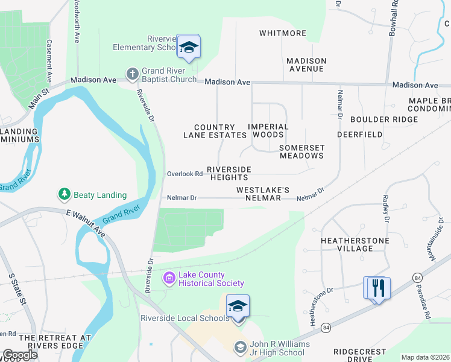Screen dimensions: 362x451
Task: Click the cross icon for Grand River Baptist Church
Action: [x=132, y=74]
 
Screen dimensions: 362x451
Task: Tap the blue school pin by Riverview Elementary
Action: [x=189, y=48]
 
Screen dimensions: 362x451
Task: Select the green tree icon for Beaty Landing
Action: [x=65, y=194]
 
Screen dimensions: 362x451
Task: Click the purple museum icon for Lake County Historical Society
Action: [x=169, y=278]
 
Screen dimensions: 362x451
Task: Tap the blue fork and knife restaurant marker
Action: [x=377, y=287]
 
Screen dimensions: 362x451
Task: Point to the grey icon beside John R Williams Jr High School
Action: [x=240, y=348]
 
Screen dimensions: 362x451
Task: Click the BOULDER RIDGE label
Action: [x=383, y=119]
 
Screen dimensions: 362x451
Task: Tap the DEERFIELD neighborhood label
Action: [x=359, y=135]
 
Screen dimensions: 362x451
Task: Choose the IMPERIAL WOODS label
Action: [x=268, y=130]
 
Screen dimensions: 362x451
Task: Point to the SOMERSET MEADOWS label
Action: [x=301, y=151]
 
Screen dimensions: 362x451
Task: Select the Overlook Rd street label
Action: [x=184, y=174]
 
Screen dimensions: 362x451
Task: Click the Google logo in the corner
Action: [x=20, y=355]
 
